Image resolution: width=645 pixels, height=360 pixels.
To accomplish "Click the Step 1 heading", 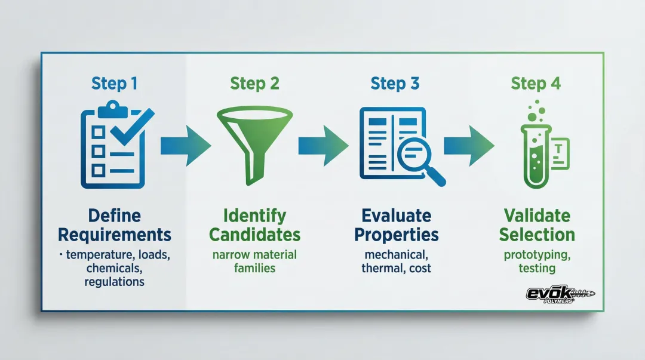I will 114,84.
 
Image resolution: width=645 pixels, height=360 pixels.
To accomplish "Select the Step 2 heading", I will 254,84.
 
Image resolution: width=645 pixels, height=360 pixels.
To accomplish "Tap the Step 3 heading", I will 395,84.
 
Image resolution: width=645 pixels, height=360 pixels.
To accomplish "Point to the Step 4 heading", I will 536,84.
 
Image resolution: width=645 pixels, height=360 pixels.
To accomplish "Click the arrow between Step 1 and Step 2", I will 185,145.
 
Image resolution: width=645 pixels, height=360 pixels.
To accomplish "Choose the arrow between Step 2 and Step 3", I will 323,145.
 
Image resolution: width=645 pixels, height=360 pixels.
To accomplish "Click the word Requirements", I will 115,234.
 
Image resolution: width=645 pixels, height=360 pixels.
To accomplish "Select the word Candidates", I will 254,234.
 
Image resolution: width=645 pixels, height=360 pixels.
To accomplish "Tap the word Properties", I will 396,234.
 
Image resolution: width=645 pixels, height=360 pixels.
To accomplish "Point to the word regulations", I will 114,281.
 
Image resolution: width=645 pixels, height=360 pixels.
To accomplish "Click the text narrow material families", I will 254,261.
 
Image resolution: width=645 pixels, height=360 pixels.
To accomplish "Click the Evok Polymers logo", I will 560,294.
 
